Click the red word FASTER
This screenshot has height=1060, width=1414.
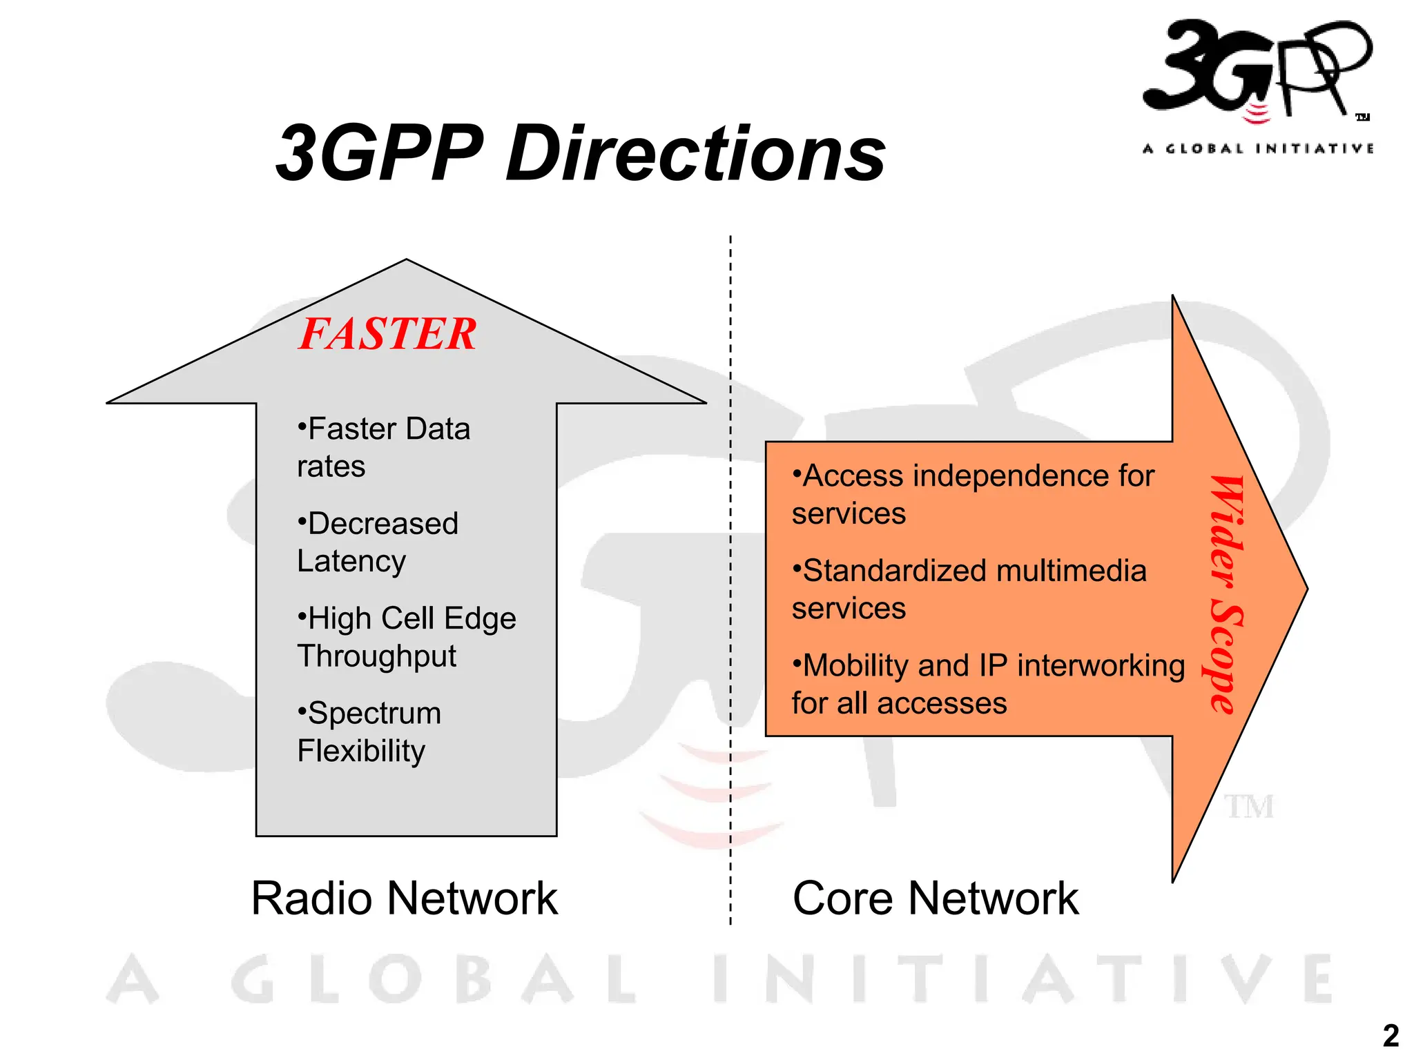click(387, 334)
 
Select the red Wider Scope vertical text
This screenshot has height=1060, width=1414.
click(1226, 593)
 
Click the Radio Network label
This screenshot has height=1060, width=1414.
click(404, 899)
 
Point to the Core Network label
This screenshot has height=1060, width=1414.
click(935, 899)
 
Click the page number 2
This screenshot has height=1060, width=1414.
click(1391, 1036)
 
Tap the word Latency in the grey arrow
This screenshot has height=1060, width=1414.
click(351, 562)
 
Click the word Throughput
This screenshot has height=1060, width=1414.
click(376, 656)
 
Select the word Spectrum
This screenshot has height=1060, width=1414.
click(374, 713)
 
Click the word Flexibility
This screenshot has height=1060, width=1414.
click(361, 751)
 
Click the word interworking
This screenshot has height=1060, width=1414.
click(1101, 666)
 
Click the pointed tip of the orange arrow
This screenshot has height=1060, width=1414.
click(1304, 589)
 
